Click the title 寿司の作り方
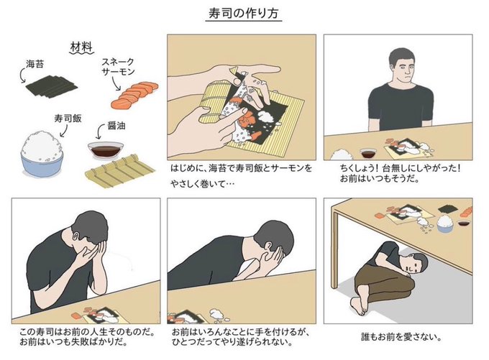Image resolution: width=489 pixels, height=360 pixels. click(x=244, y=14)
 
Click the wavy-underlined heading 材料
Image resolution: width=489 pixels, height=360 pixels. click(x=81, y=47)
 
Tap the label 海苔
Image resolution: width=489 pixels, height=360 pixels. click(x=35, y=64)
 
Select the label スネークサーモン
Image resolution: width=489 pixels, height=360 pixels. click(x=118, y=66)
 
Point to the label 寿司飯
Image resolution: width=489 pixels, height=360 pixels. click(x=68, y=118)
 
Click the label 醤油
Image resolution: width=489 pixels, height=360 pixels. click(x=116, y=125)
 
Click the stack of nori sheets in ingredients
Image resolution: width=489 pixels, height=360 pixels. click(x=52, y=86)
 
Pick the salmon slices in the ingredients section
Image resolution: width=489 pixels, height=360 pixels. click(x=134, y=94)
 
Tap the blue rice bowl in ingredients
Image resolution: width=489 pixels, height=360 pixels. click(x=42, y=154)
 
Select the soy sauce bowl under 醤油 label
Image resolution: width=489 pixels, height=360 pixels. click(x=106, y=149)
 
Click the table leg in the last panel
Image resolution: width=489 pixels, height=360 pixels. click(x=335, y=249)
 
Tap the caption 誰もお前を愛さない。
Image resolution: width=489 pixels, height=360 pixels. click(x=401, y=336)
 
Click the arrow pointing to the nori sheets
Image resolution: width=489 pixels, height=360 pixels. click(x=22, y=75)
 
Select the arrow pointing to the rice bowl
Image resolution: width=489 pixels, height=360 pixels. click(x=64, y=131)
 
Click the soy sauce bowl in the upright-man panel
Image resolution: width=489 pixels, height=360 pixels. click(x=368, y=153)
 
